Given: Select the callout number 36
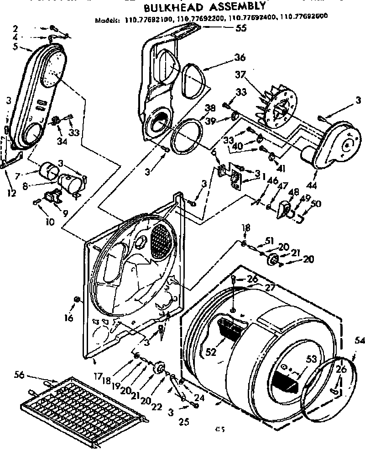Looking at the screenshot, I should tap(240, 58).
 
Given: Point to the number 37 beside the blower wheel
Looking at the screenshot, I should tap(241, 74).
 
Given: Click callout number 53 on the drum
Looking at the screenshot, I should tap(312, 360).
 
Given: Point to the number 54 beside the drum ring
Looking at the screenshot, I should tap(360, 340).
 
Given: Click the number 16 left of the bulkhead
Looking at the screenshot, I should tap(68, 318).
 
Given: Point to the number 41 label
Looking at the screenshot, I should tap(281, 169).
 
